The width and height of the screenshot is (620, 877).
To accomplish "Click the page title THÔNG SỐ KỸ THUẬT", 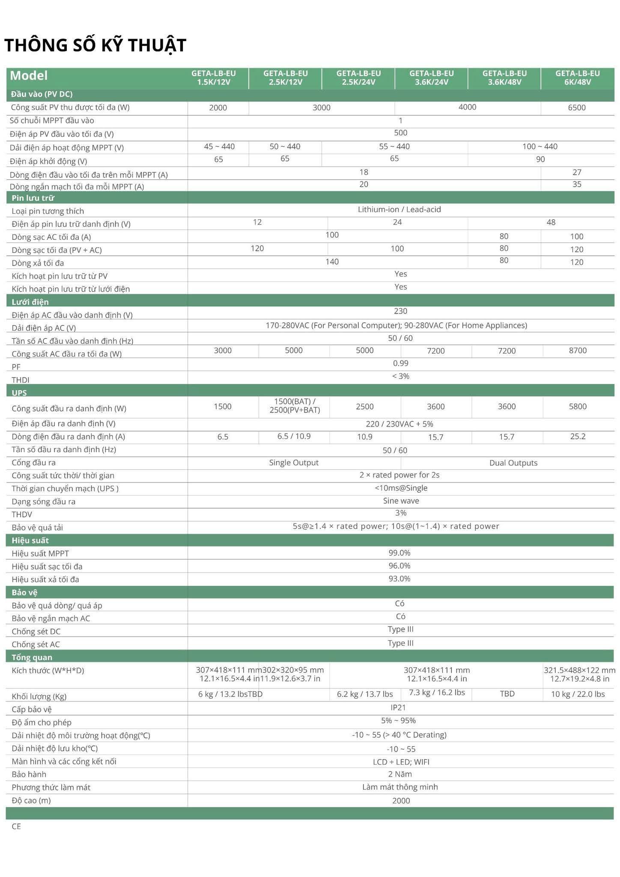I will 95,45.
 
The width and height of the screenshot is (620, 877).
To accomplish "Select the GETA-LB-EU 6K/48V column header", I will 577,78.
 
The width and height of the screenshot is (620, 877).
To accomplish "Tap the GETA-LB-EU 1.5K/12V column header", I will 213,78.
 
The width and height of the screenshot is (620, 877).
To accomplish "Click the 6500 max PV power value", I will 576,107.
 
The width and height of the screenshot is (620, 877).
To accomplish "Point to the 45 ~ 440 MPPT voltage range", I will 219,146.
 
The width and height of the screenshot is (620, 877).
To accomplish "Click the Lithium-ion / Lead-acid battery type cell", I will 399,209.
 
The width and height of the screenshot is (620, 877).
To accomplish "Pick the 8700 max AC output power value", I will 577,350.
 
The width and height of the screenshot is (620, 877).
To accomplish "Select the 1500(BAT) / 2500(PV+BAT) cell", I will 294,406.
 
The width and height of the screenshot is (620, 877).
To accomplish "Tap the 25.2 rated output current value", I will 577,436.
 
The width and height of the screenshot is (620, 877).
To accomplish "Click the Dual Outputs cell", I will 513,463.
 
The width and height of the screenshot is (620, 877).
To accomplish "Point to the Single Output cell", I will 294,462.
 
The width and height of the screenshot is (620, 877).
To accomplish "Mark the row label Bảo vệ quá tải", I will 37,528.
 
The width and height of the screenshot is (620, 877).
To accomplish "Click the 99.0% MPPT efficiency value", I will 399,553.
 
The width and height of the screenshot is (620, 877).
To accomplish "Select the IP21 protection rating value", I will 398,707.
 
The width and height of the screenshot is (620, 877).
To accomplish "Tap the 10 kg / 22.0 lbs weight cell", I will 577,694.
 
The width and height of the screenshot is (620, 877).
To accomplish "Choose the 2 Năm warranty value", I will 399,774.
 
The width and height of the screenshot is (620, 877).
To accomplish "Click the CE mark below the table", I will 16,826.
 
